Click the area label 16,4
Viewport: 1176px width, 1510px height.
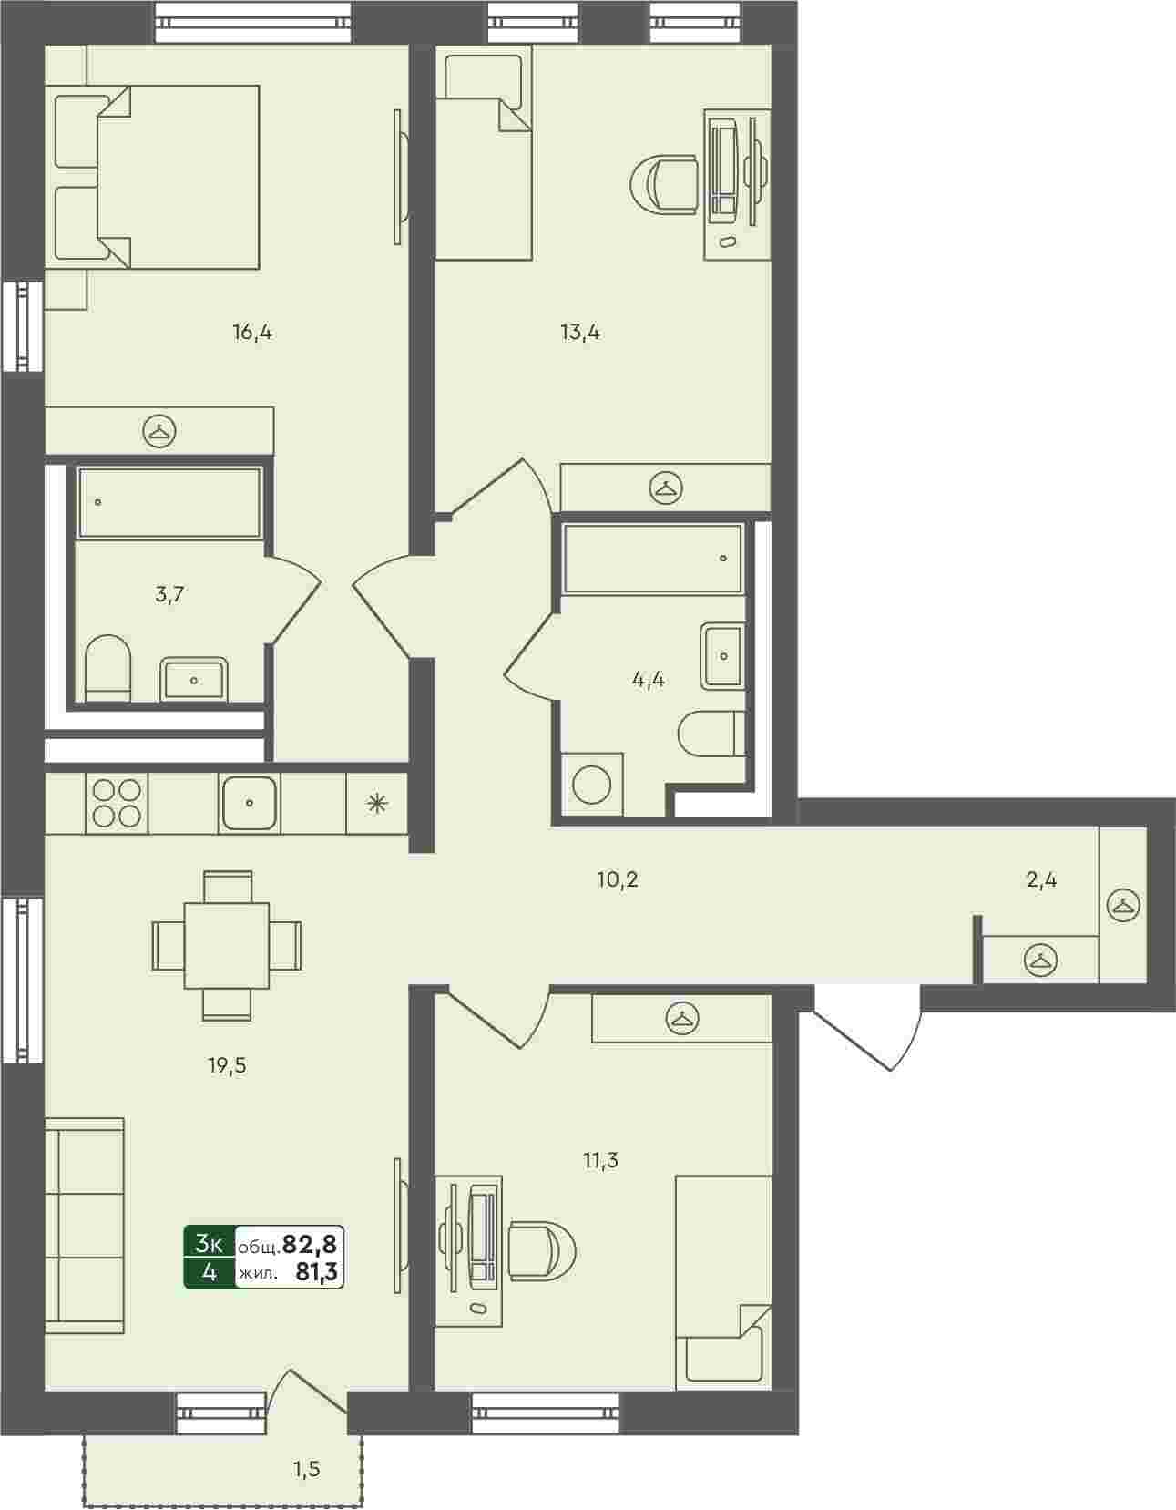pyautogui.click(x=252, y=333)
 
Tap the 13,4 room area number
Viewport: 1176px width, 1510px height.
pyautogui.click(x=580, y=333)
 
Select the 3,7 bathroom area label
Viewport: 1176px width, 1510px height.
pyautogui.click(x=169, y=595)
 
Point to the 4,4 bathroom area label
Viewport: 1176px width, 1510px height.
pyautogui.click(x=648, y=680)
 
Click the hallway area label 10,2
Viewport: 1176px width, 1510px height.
pyautogui.click(x=618, y=879)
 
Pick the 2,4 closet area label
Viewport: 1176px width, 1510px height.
pyautogui.click(x=1041, y=879)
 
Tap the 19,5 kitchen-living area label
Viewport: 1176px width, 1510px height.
pyautogui.click(x=227, y=1065)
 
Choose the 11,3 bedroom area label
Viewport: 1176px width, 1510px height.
pyautogui.click(x=600, y=1160)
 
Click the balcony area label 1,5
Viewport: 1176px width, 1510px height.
pyautogui.click(x=306, y=1469)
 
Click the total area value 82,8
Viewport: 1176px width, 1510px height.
pyautogui.click(x=309, y=1243)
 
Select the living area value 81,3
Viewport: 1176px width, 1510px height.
pyautogui.click(x=317, y=1271)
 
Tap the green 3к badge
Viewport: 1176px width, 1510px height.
pyautogui.click(x=210, y=1243)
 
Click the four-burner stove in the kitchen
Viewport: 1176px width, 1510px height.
pyautogui.click(x=117, y=803)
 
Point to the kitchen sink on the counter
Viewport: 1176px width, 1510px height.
pyautogui.click(x=250, y=803)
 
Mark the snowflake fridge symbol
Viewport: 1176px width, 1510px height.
pyautogui.click(x=377, y=803)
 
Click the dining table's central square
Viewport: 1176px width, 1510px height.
pyautogui.click(x=227, y=946)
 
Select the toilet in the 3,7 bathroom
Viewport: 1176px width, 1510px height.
pyautogui.click(x=107, y=668)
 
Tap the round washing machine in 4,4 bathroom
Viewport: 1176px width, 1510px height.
pyautogui.click(x=592, y=786)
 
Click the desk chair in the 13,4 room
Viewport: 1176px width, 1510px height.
pyautogui.click(x=664, y=184)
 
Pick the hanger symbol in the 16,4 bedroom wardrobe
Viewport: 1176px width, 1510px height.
pyautogui.click(x=159, y=432)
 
